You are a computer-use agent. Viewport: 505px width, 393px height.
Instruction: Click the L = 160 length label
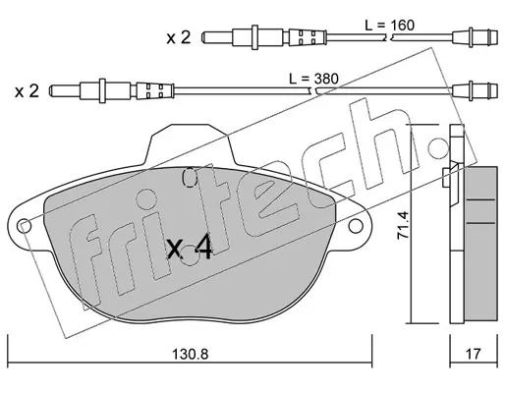[390, 25]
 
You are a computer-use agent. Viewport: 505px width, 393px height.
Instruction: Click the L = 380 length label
[313, 79]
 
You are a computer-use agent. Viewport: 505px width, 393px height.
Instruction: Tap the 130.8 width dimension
[190, 354]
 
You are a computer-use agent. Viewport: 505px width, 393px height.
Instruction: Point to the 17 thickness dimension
[474, 354]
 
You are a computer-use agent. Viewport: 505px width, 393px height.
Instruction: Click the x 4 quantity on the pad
[190, 249]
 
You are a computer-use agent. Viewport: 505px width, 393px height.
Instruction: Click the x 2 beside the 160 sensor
[179, 38]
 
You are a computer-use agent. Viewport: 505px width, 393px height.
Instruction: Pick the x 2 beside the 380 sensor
[27, 91]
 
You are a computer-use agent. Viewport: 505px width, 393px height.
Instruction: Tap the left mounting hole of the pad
[26, 226]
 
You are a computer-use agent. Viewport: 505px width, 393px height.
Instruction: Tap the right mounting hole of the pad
[356, 226]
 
